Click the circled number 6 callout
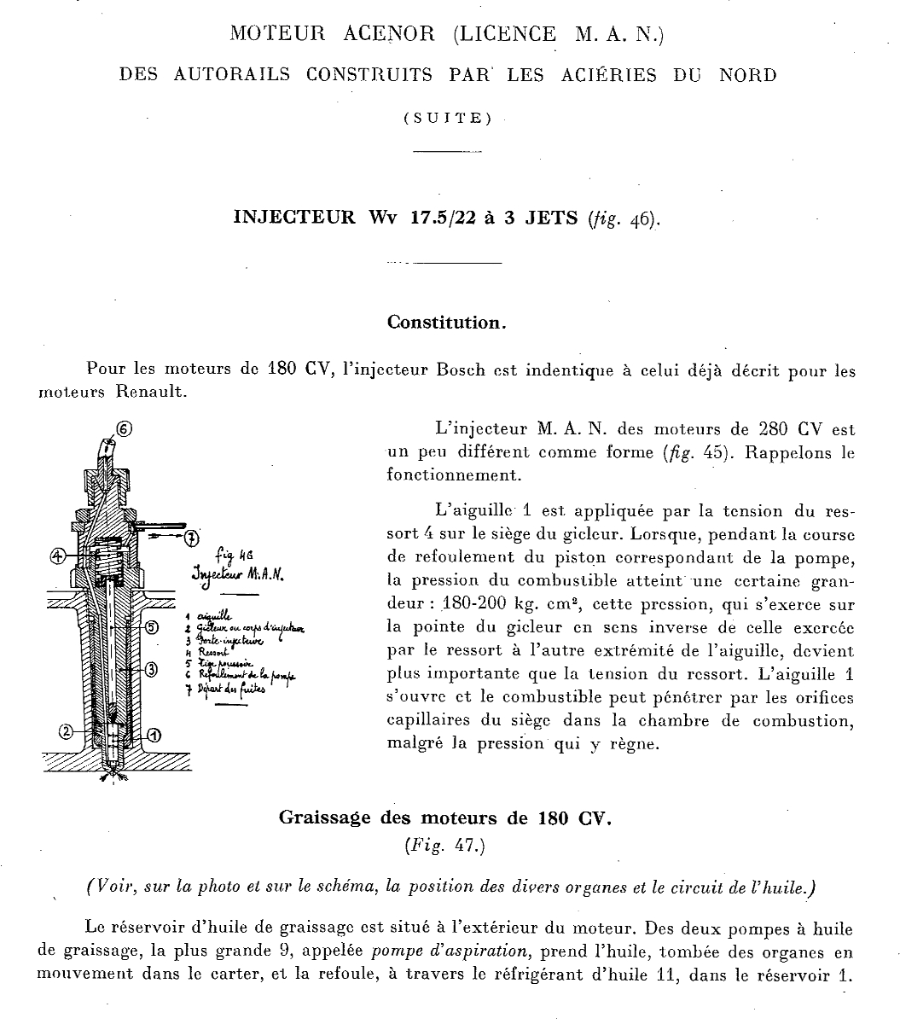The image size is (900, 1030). click(x=125, y=429)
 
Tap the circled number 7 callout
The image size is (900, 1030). click(x=191, y=537)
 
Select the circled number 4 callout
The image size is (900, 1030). click(x=58, y=555)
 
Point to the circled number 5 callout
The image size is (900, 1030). click(x=152, y=628)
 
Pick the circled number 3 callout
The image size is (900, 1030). click(x=151, y=669)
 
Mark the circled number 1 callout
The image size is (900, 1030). click(x=154, y=734)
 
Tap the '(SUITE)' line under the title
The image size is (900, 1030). click(x=448, y=119)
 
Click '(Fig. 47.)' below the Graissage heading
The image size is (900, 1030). click(x=446, y=847)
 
